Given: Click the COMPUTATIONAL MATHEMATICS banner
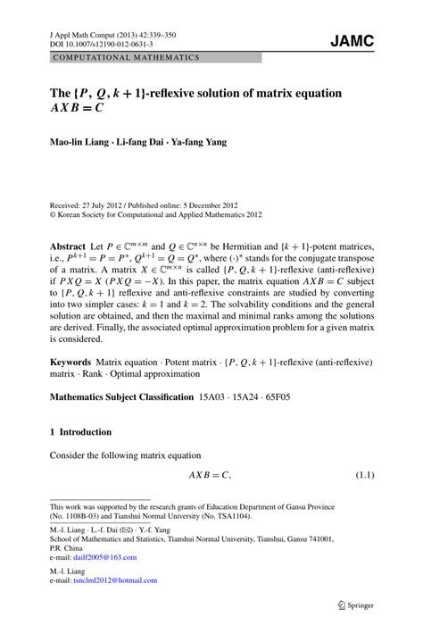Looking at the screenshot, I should [x=127, y=57].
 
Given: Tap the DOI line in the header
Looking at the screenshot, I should [x=95, y=42].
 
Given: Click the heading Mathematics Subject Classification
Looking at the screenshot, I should [x=121, y=397].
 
